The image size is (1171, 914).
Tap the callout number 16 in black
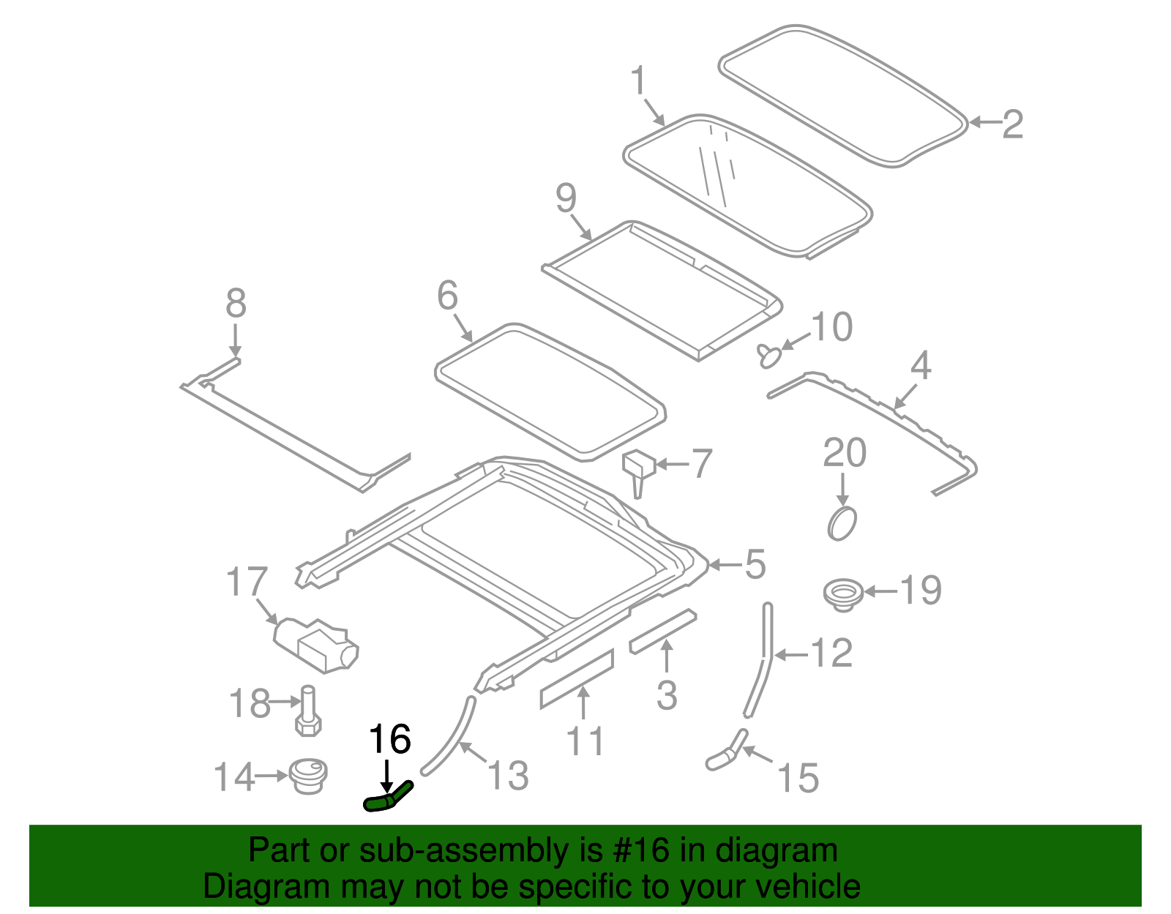tap(389, 740)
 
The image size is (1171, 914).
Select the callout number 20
tap(845, 454)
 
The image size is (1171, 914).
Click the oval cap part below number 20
tap(842, 524)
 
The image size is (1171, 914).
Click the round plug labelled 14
tap(308, 775)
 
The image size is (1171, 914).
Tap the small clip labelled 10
tap(768, 356)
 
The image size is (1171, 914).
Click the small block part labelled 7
tap(638, 469)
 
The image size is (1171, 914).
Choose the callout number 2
tap(1012, 124)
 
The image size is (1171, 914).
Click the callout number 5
tap(755, 564)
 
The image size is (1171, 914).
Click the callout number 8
tap(236, 303)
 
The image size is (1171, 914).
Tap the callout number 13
tap(508, 775)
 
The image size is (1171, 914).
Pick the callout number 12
tap(831, 653)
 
